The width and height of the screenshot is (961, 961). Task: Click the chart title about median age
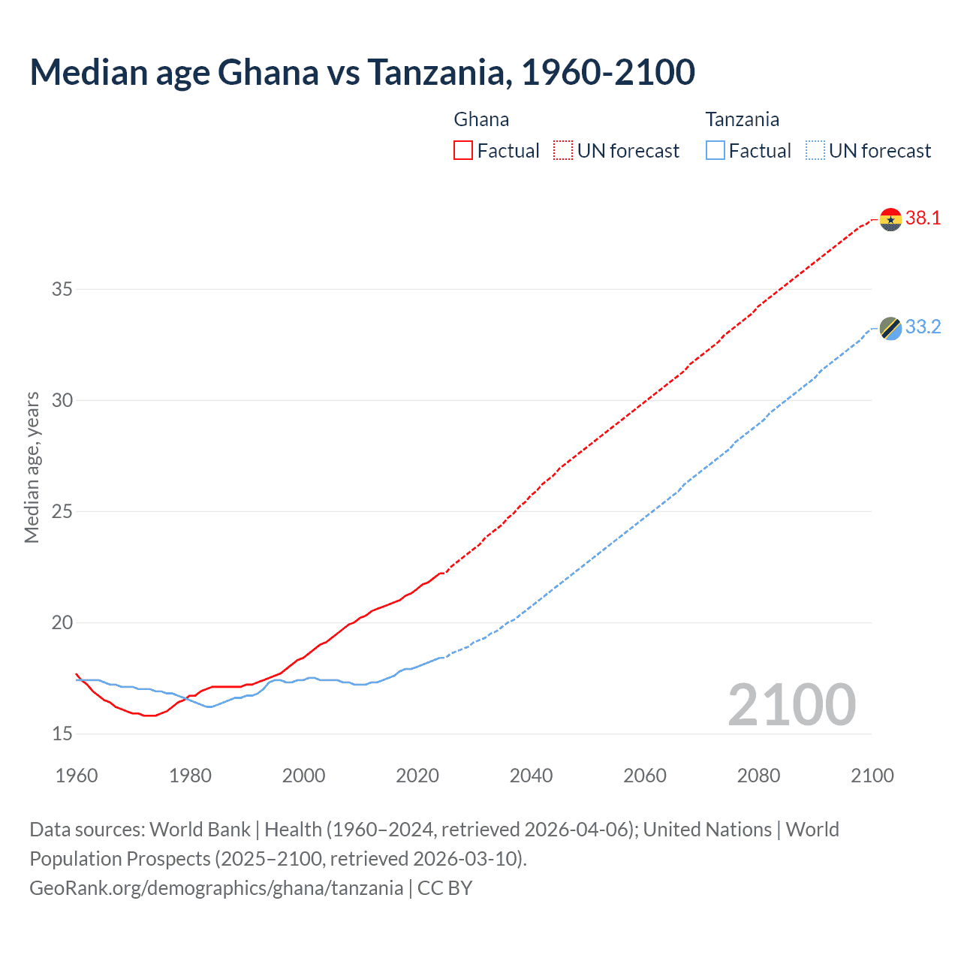click(362, 72)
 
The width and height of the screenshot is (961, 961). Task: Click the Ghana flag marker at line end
click(890, 219)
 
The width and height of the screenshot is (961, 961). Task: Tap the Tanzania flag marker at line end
click(890, 328)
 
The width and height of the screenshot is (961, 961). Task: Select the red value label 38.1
click(923, 218)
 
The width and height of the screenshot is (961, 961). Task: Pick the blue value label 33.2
click(923, 327)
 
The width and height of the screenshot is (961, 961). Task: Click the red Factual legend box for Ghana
click(463, 151)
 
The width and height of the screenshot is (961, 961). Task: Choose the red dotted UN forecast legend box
click(563, 151)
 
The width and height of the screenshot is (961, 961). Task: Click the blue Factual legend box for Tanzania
click(715, 151)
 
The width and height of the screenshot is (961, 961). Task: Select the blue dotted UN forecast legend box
click(815, 151)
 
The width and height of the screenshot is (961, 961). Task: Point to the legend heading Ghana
click(481, 119)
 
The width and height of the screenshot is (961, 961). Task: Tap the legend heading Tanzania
click(742, 119)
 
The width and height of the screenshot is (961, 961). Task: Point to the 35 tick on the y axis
click(62, 289)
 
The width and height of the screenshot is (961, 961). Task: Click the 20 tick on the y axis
click(62, 622)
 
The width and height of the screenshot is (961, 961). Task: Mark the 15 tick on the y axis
click(62, 734)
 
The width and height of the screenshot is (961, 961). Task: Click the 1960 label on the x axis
click(77, 776)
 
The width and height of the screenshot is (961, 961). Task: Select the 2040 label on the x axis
click(531, 776)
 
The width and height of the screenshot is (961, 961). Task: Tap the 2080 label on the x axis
click(758, 776)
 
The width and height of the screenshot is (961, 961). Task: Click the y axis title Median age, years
click(32, 467)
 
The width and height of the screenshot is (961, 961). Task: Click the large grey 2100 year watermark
click(791, 705)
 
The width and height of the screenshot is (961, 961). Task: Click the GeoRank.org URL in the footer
click(216, 888)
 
